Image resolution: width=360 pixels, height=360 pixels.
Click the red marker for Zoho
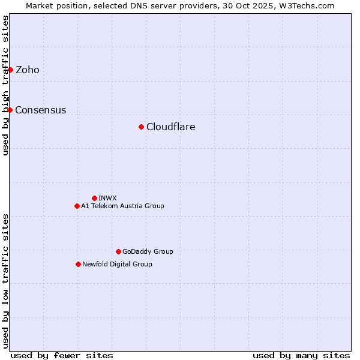[10, 70]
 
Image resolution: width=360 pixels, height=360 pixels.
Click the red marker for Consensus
[10, 110]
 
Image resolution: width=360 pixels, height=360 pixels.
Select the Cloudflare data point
[141, 127]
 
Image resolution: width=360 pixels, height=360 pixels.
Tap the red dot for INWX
[94, 198]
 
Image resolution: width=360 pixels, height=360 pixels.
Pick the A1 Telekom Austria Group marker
[77, 206]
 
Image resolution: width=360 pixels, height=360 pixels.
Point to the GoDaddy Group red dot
[118, 251]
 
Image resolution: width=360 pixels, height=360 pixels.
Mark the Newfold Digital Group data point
[78, 264]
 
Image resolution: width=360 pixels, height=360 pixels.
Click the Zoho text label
[28, 70]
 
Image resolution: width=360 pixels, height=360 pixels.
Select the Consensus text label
[41, 110]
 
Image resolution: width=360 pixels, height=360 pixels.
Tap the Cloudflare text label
[171, 127]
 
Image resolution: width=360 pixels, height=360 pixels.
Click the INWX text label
[107, 198]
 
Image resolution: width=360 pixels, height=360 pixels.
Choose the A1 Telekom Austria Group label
[122, 206]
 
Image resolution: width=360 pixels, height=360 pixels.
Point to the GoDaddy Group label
[148, 251]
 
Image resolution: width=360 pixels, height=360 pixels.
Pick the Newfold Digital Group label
[117, 264]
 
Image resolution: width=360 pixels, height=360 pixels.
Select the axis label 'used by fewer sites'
[62, 355]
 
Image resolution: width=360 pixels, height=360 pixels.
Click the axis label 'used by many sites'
[301, 355]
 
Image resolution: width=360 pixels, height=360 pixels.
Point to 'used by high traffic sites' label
[5, 85]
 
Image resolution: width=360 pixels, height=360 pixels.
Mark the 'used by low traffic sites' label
[5, 281]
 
